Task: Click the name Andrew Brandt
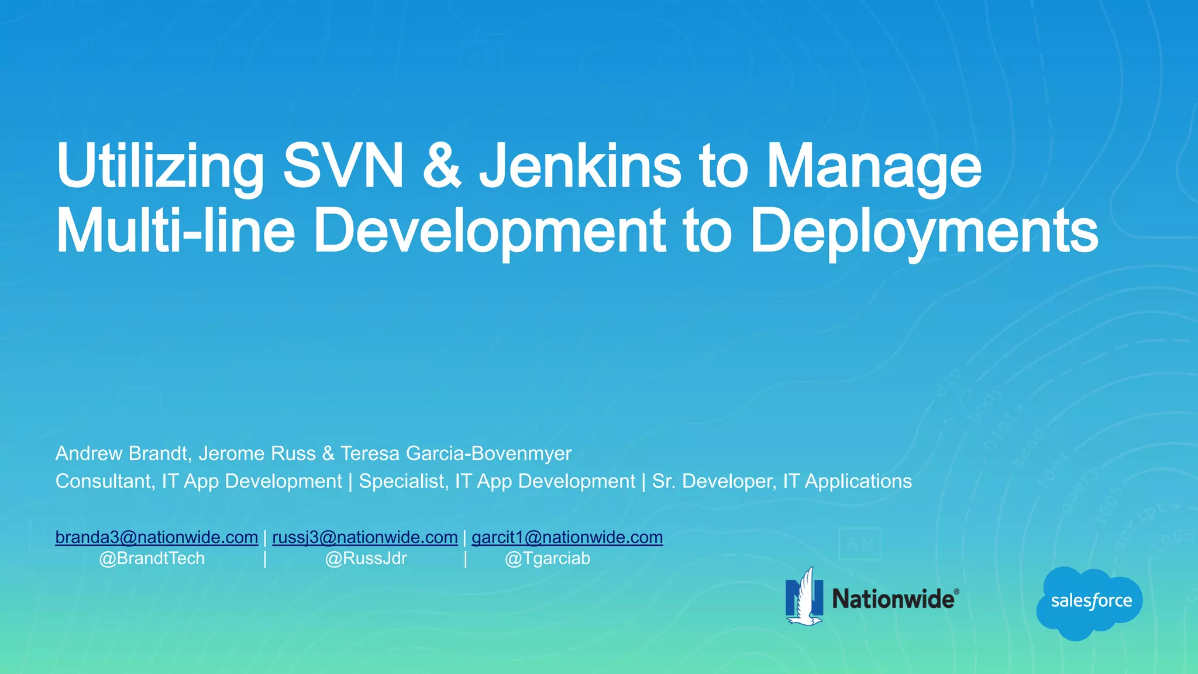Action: pyautogui.click(x=122, y=453)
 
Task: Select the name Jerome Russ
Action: pyautogui.click(x=257, y=453)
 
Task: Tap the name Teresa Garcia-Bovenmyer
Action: pyautogui.click(x=456, y=453)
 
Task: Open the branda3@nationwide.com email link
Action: pyautogui.click(x=157, y=537)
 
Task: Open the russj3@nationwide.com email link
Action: pyautogui.click(x=365, y=537)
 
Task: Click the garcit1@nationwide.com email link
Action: pyautogui.click(x=567, y=537)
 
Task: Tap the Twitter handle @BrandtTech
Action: pyautogui.click(x=152, y=558)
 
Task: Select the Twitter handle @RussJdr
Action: pyautogui.click(x=366, y=558)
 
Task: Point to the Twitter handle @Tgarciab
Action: pyautogui.click(x=548, y=558)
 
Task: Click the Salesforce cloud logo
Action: pyautogui.click(x=1090, y=601)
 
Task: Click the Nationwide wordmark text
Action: pyautogui.click(x=893, y=599)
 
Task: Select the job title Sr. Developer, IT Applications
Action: pyautogui.click(x=782, y=481)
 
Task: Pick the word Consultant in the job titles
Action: pyautogui.click(x=105, y=481)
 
